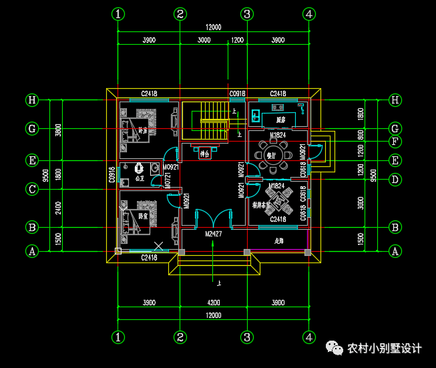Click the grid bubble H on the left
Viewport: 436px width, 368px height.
point(31,100)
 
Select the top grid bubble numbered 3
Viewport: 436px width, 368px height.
point(247,14)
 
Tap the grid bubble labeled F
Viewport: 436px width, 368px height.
point(395,141)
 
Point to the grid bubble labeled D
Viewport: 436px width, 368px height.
point(395,179)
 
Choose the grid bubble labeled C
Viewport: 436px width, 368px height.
point(31,189)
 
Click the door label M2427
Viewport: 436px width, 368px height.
point(213,234)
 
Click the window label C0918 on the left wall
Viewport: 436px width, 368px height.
point(112,175)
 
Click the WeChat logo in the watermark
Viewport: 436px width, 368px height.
point(333,347)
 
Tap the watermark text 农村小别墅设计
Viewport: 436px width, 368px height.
point(385,348)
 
